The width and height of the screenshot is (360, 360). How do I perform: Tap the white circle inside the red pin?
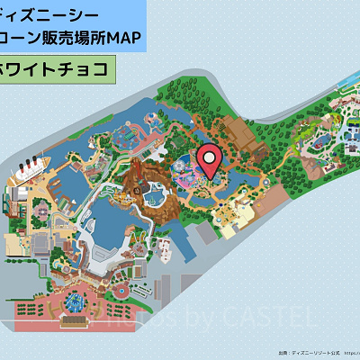coord(210,157)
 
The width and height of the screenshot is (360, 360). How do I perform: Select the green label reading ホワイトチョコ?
coord(58,68)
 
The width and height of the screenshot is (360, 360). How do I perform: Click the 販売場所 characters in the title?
coord(77,38)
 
